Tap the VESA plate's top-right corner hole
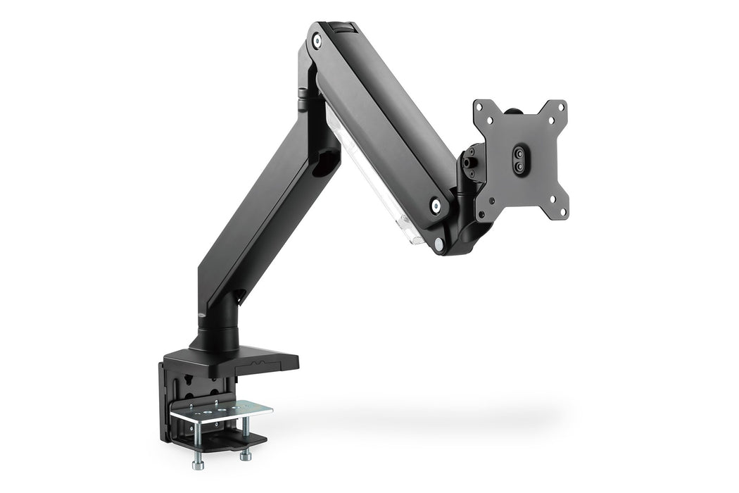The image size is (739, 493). [561, 106]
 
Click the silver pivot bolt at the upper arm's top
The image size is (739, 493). [317, 42]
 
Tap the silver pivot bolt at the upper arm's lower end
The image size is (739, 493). [436, 206]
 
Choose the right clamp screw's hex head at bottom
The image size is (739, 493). [246, 456]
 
